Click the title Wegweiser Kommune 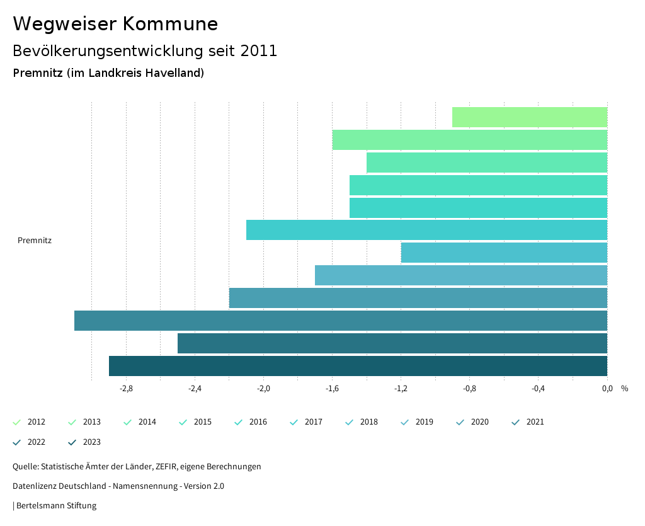tap(115, 24)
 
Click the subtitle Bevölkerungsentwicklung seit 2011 tap(145, 51)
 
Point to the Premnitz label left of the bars tap(35, 240)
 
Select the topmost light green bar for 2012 tap(529, 117)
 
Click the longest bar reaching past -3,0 tap(340, 321)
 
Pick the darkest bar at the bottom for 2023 tap(358, 366)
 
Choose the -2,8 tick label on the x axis tap(126, 389)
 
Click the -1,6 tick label tap(332, 389)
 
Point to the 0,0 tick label tap(607, 389)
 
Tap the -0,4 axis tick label tap(538, 389)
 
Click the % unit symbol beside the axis tap(624, 389)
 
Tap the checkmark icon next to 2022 tap(17, 442)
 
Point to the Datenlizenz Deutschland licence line tap(118, 486)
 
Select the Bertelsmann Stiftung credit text tap(56, 506)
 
